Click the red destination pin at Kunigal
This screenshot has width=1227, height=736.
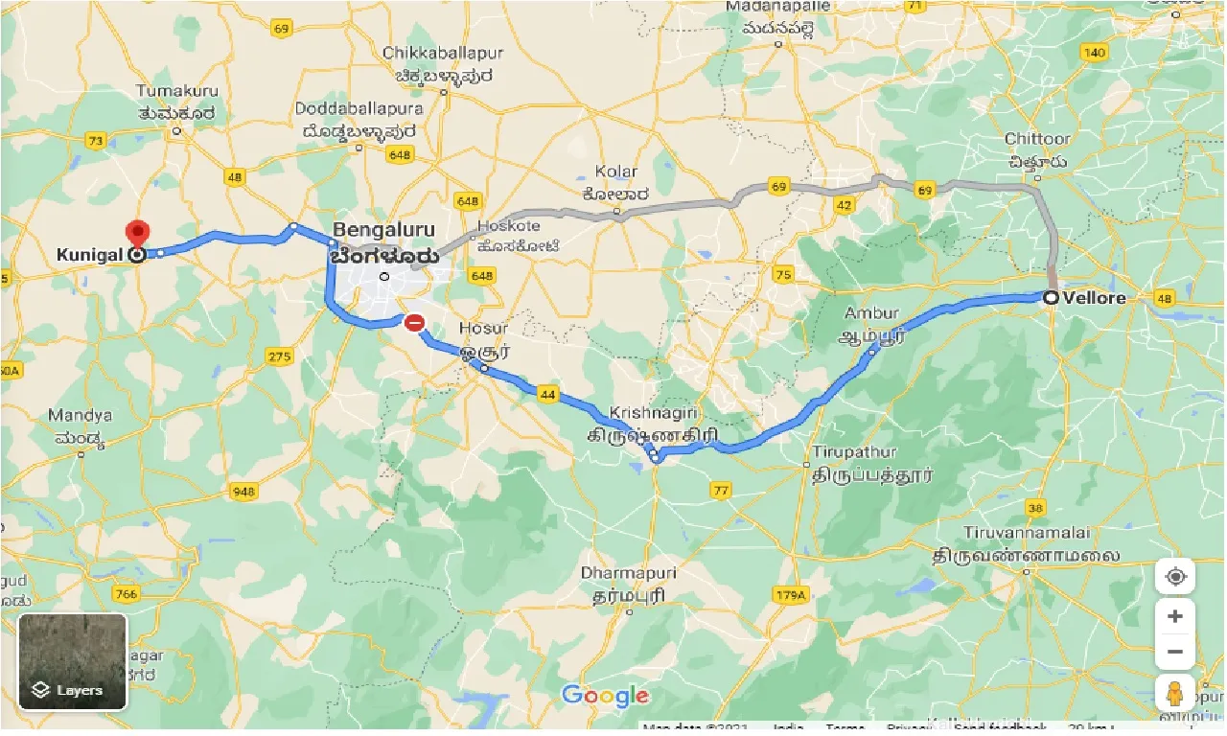tap(139, 233)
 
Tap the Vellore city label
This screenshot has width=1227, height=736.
tap(1094, 298)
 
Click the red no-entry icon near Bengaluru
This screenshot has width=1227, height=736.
tap(415, 323)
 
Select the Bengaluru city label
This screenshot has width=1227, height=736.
tap(383, 231)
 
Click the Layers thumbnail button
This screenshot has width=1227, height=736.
tap(73, 661)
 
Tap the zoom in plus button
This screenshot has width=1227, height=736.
tap(1175, 616)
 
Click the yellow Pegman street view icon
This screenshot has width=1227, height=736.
tap(1175, 692)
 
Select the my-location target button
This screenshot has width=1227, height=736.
tap(1175, 577)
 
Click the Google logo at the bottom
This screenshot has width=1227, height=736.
tap(605, 696)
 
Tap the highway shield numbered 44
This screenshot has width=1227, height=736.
tap(547, 394)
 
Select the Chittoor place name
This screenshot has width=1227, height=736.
tap(1037, 140)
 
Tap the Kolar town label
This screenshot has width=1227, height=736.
tap(615, 172)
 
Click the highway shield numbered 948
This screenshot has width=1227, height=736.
tap(244, 492)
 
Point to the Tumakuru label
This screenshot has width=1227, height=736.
tap(177, 92)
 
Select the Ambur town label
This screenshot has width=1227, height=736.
tap(871, 313)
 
